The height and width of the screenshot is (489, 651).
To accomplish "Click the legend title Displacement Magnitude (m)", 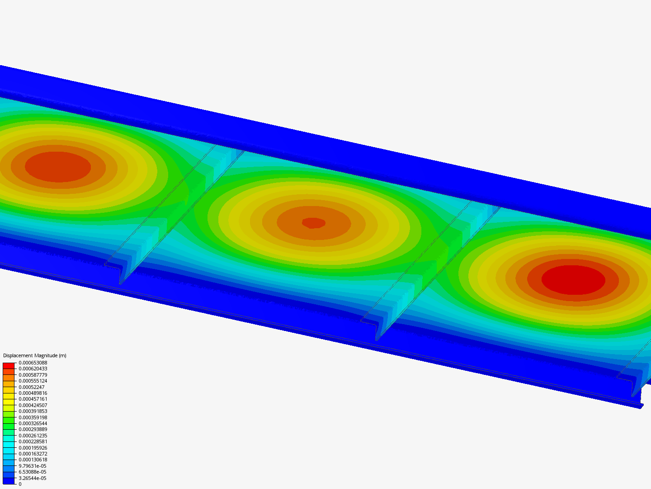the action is [x=35, y=355].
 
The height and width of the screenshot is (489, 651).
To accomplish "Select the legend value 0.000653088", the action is [x=33, y=363].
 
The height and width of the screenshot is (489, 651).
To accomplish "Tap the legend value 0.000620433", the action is [x=33, y=369].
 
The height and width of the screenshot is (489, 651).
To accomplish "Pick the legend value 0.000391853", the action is [x=33, y=411].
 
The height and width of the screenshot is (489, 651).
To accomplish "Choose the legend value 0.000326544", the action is [x=33, y=423].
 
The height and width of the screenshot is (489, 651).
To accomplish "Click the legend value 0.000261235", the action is [x=33, y=436].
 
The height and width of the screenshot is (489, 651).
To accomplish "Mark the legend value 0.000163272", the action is [x=33, y=454].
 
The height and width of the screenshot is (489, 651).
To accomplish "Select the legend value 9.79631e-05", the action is [x=33, y=466].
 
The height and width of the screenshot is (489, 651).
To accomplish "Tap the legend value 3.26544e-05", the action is [x=33, y=478].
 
